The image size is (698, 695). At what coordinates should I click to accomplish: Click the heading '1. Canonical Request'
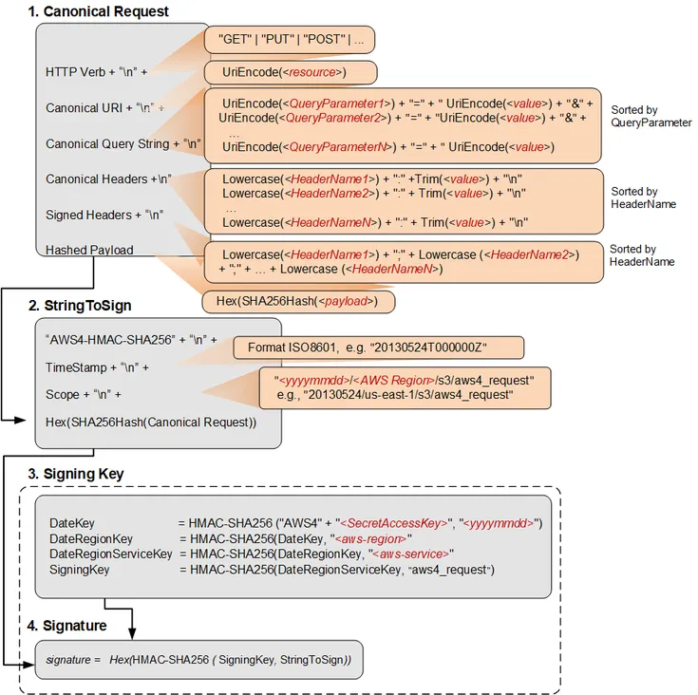[98, 12]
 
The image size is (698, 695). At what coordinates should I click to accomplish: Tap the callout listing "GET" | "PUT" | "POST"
[292, 41]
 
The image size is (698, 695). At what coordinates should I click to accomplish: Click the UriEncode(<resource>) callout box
[291, 72]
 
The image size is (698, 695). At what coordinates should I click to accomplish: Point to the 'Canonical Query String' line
[123, 144]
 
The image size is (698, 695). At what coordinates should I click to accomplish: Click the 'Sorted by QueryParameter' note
[651, 117]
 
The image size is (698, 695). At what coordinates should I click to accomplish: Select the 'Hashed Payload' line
[89, 250]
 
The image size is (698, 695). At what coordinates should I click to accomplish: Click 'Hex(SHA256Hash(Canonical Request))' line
[151, 422]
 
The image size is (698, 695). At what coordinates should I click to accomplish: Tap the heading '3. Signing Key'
[76, 474]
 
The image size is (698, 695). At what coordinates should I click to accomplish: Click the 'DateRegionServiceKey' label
[110, 554]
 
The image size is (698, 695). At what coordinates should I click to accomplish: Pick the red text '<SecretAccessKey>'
[395, 523]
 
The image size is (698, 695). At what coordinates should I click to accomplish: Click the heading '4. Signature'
[67, 626]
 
